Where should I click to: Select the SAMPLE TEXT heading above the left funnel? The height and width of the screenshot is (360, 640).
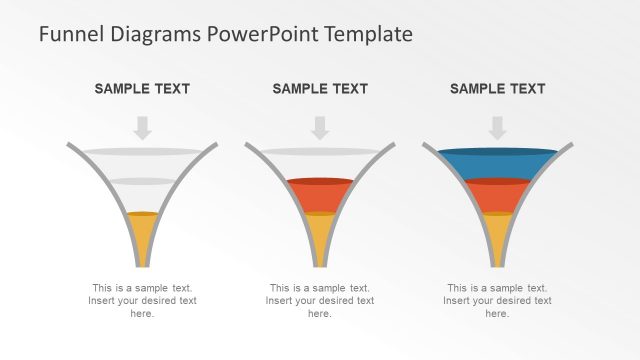[142, 89]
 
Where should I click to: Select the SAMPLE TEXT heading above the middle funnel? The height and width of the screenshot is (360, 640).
[320, 89]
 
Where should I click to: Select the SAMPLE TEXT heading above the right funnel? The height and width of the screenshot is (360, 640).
[497, 89]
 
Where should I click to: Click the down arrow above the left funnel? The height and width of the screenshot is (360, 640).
[142, 127]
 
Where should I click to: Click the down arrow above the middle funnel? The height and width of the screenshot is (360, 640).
[320, 127]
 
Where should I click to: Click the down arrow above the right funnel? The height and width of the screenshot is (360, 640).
[497, 127]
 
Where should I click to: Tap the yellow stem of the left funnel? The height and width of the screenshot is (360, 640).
[142, 240]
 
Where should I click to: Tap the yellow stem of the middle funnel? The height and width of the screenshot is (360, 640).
[320, 240]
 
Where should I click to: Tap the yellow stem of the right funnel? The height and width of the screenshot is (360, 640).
[497, 240]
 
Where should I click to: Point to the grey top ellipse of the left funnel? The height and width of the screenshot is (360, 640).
[142, 151]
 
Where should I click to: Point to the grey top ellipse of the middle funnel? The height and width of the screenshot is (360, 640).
[320, 151]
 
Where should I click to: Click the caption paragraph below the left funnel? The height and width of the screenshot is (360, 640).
[142, 300]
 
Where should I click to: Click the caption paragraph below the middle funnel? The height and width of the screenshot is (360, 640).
[320, 300]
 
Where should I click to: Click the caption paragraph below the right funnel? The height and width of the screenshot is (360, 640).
[497, 300]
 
